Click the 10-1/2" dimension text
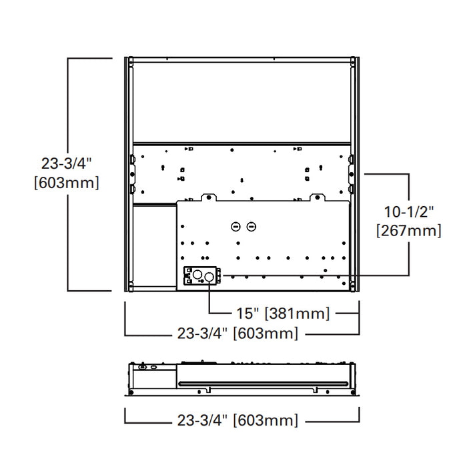[409, 211]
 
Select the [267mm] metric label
[409, 231]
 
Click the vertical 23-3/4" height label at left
[66, 163]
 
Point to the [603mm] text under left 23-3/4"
[66, 182]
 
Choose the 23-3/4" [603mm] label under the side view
[238, 420]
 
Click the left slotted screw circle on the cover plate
[236, 227]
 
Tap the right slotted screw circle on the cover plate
[251, 227]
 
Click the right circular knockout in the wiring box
[211, 275]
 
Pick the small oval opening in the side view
[154, 367]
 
